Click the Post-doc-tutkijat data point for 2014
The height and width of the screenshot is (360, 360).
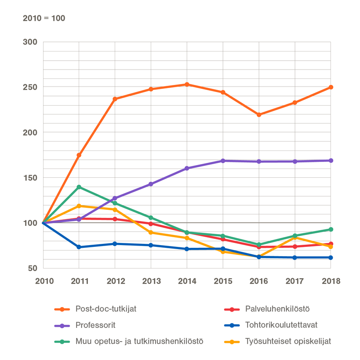187,84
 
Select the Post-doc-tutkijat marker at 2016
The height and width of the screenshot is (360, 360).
259,115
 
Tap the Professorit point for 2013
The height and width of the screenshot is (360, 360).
151,184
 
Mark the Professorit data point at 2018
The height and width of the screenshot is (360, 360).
331,161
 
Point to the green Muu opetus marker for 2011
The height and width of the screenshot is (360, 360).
79,187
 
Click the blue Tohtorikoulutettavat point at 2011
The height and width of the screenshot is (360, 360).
79,247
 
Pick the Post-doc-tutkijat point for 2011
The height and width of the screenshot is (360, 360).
79,155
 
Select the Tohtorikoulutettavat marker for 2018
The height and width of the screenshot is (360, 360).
331,257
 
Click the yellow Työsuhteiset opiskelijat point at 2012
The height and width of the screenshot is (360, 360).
115,209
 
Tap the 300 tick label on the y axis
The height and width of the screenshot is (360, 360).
30,42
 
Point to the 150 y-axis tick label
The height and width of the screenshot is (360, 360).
30,178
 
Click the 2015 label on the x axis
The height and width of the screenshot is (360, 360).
223,281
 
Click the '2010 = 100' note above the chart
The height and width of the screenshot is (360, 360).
44,18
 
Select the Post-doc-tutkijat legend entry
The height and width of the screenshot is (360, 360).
106,309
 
